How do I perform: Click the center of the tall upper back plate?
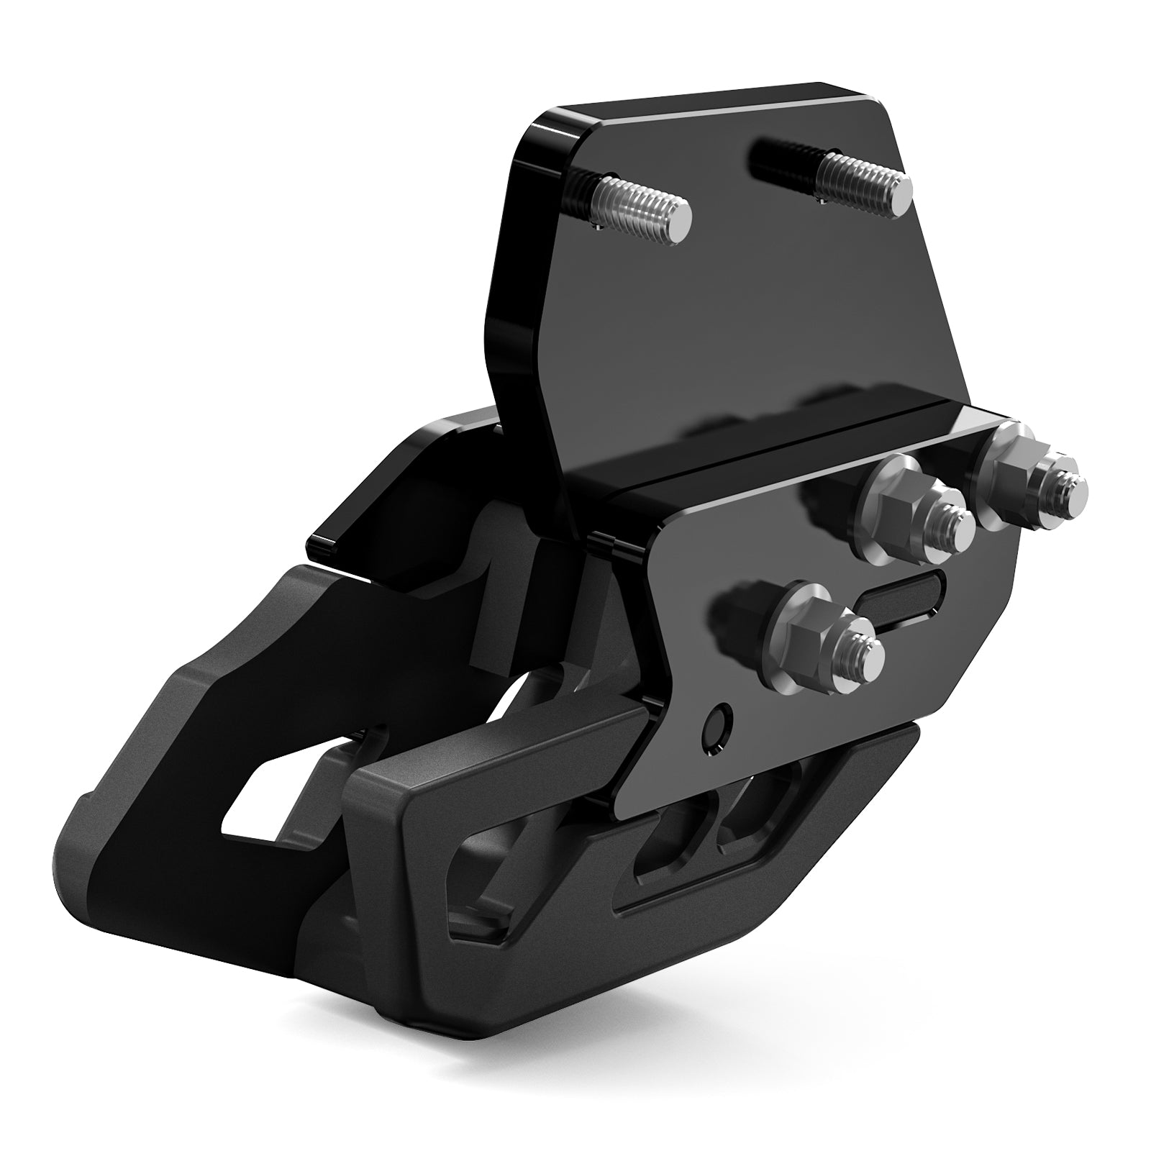(x=719, y=288)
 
